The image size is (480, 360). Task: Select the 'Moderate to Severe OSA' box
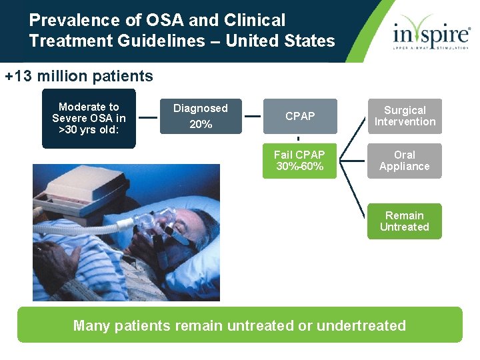tap(89, 118)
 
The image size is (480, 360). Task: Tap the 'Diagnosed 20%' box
tap(201, 116)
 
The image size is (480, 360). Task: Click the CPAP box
tap(300, 116)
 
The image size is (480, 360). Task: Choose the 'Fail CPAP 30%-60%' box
tap(299, 161)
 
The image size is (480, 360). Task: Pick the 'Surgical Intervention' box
tap(405, 116)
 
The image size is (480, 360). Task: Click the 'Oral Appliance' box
tap(405, 161)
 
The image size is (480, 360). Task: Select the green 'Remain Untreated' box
tap(405, 221)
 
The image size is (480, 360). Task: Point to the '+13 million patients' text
tap(79, 76)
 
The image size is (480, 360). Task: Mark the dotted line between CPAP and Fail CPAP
tap(298, 139)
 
